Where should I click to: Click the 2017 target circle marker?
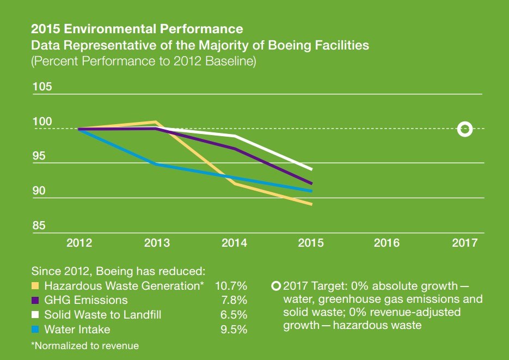pyautogui.click(x=464, y=129)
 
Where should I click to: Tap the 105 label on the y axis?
pyautogui.click(x=41, y=87)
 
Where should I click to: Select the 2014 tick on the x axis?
pyautogui.click(x=234, y=243)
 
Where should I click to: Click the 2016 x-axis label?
pyautogui.click(x=387, y=243)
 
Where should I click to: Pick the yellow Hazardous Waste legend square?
pyautogui.click(x=35, y=285)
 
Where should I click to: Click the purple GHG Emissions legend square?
pyautogui.click(x=35, y=300)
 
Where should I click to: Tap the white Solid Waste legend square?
pyautogui.click(x=35, y=315)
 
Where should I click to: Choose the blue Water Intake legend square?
pyautogui.click(x=35, y=330)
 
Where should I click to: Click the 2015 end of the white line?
pyautogui.click(x=311, y=169)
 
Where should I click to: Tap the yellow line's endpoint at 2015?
pyautogui.click(x=311, y=204)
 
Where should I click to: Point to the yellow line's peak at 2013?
pyautogui.click(x=156, y=122)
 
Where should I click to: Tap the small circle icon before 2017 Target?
pyautogui.click(x=276, y=285)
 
